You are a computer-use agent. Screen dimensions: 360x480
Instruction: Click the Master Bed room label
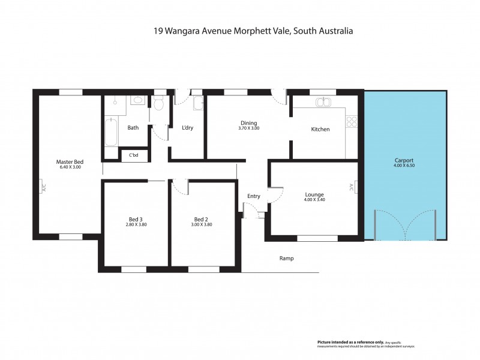(x=69, y=161)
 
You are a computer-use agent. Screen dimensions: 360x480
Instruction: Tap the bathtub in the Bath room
(x=111, y=132)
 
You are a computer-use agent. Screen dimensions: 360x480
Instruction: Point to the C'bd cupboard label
(x=134, y=156)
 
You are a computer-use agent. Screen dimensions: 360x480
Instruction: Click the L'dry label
(x=187, y=127)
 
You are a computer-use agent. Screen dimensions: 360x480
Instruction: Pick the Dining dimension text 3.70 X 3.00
(x=248, y=128)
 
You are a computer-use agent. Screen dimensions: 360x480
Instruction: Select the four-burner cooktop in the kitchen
(x=352, y=122)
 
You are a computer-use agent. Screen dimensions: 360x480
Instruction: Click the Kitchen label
(x=320, y=129)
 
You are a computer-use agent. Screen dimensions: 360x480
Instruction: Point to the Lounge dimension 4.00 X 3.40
(x=314, y=200)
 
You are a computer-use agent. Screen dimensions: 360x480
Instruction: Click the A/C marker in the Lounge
(x=352, y=187)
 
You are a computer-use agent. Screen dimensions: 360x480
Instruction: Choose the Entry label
(x=254, y=196)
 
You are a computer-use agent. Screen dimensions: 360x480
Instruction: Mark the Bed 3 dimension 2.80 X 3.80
(x=136, y=224)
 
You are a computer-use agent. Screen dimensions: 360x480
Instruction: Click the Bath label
(x=133, y=127)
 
